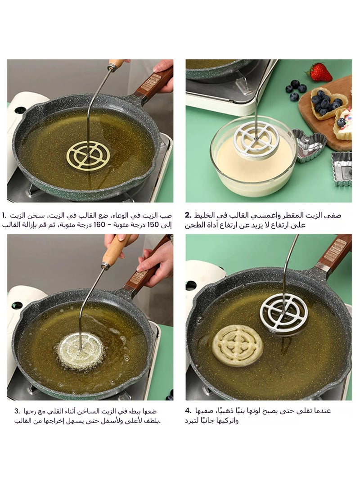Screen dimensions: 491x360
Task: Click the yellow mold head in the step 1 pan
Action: click(88, 155)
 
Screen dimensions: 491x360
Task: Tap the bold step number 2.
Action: click(189, 216)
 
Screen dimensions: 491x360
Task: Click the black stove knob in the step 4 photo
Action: click(191, 286)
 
